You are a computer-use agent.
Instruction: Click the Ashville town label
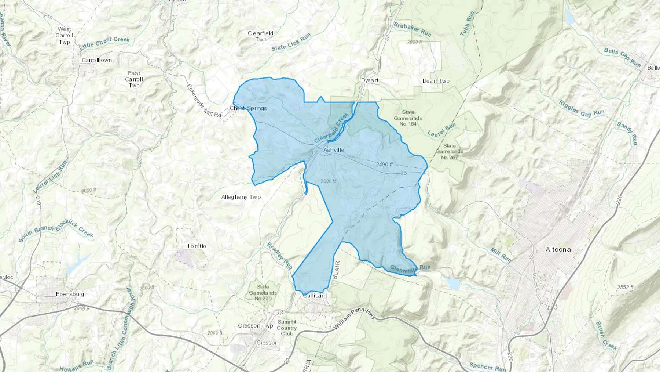point(334,150)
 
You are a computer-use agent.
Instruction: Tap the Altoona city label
point(558,249)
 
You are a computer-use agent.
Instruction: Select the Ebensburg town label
point(70,294)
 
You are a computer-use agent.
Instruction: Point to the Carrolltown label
point(97,60)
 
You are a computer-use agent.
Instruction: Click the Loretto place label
point(197,246)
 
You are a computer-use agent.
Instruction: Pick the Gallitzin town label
point(314,296)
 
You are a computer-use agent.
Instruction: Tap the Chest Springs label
point(248,108)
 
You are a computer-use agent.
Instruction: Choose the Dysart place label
point(370,80)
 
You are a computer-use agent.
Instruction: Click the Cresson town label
point(268,343)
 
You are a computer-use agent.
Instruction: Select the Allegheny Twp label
point(241,197)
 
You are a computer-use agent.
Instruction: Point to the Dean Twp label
point(436,81)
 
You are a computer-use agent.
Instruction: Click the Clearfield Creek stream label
point(331,128)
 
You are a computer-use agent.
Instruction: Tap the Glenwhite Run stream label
point(410,268)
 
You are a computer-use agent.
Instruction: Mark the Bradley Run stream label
point(279,256)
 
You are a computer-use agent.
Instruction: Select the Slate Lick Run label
point(291,42)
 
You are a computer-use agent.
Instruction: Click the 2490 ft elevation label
point(384,165)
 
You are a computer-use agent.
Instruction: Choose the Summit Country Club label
point(287,328)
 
